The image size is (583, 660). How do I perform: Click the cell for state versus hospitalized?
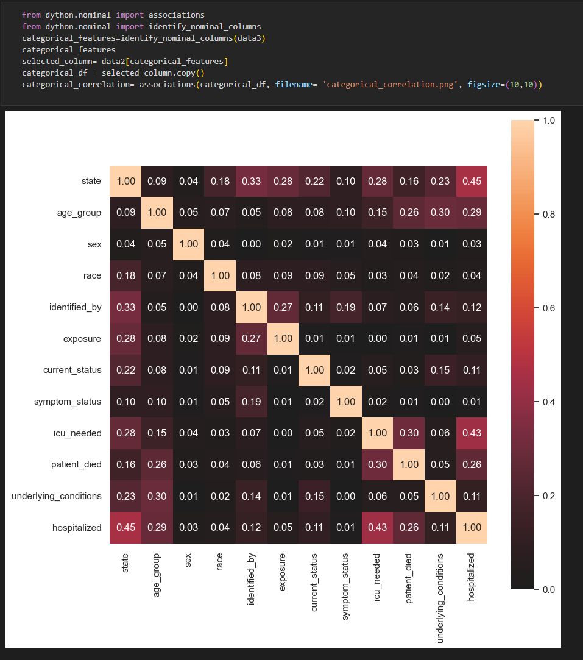tap(472, 181)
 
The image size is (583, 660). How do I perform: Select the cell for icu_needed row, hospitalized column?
tap(472, 433)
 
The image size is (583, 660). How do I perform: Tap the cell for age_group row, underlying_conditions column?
tap(440, 213)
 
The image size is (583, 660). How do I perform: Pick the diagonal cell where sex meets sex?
tap(189, 244)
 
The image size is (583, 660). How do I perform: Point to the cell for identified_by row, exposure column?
tap(283, 307)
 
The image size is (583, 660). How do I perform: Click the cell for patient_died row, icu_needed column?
tap(377, 464)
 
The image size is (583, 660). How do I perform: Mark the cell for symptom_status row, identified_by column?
tap(252, 402)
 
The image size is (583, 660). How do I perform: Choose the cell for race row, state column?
tap(125, 275)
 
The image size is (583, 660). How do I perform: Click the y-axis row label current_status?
tap(72, 370)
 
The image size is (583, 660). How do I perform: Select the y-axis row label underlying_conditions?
tap(57, 496)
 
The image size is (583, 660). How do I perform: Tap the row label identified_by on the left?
tap(76, 307)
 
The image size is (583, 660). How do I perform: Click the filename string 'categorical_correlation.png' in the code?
tap(389, 84)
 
